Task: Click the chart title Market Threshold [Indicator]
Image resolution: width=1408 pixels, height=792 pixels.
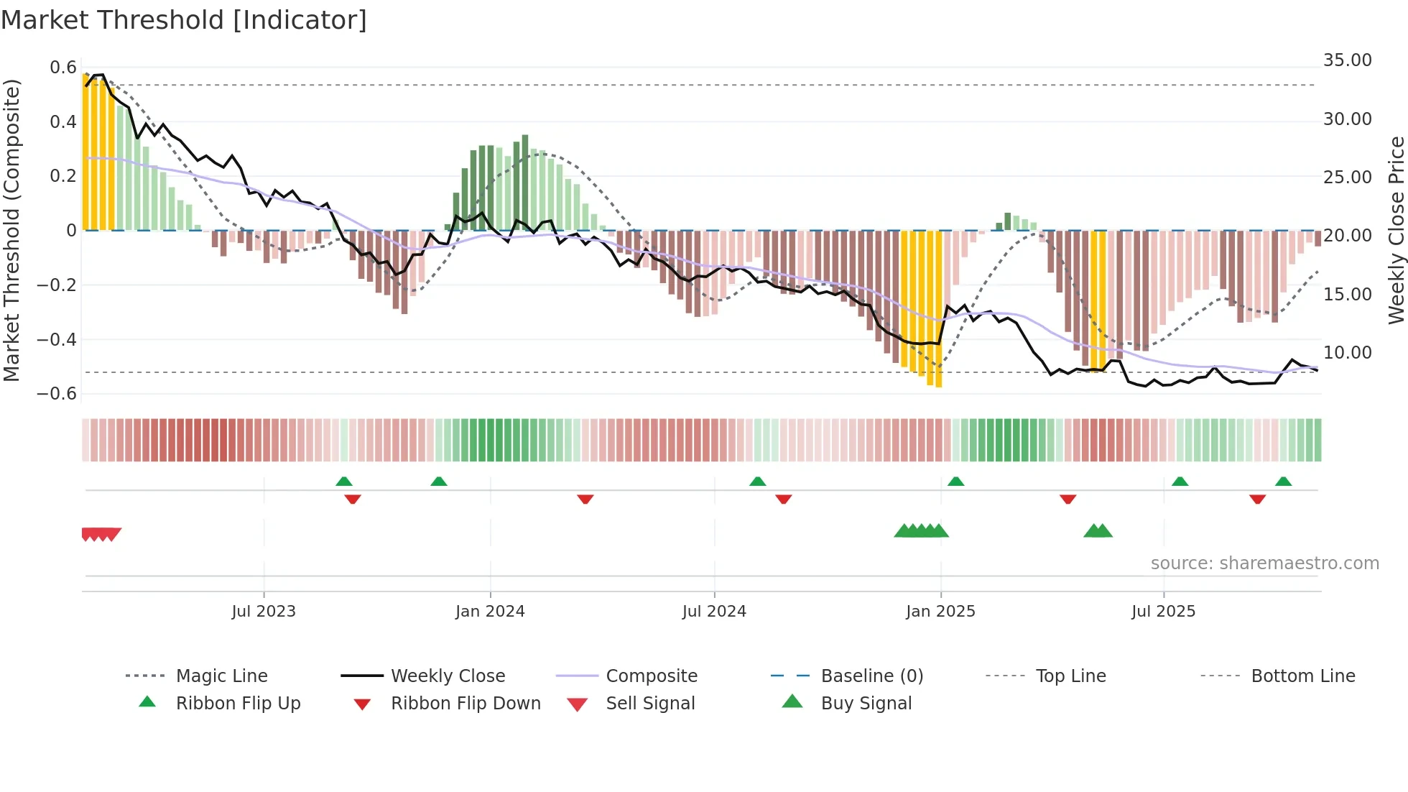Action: click(x=184, y=20)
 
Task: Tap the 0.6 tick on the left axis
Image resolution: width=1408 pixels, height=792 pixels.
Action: click(x=63, y=68)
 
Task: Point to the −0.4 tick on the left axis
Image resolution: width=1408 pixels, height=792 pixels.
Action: click(x=57, y=339)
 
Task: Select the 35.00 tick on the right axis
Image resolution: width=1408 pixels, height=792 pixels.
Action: click(x=1347, y=60)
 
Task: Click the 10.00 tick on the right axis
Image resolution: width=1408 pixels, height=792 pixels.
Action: click(x=1347, y=353)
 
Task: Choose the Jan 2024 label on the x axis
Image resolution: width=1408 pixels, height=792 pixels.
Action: click(x=490, y=612)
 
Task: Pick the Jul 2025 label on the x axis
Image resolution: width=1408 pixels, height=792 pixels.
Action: click(x=1163, y=612)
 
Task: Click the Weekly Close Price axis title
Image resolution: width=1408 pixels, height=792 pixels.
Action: click(x=1395, y=230)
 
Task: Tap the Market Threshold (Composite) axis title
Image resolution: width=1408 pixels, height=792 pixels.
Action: click(x=11, y=230)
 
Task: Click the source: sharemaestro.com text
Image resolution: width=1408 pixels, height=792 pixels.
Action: click(x=1264, y=563)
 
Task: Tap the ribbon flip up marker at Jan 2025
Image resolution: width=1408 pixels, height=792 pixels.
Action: click(x=955, y=482)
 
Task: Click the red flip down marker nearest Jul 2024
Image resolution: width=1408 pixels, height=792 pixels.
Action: click(x=784, y=499)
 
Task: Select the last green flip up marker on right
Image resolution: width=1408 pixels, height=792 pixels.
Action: click(x=1283, y=482)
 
